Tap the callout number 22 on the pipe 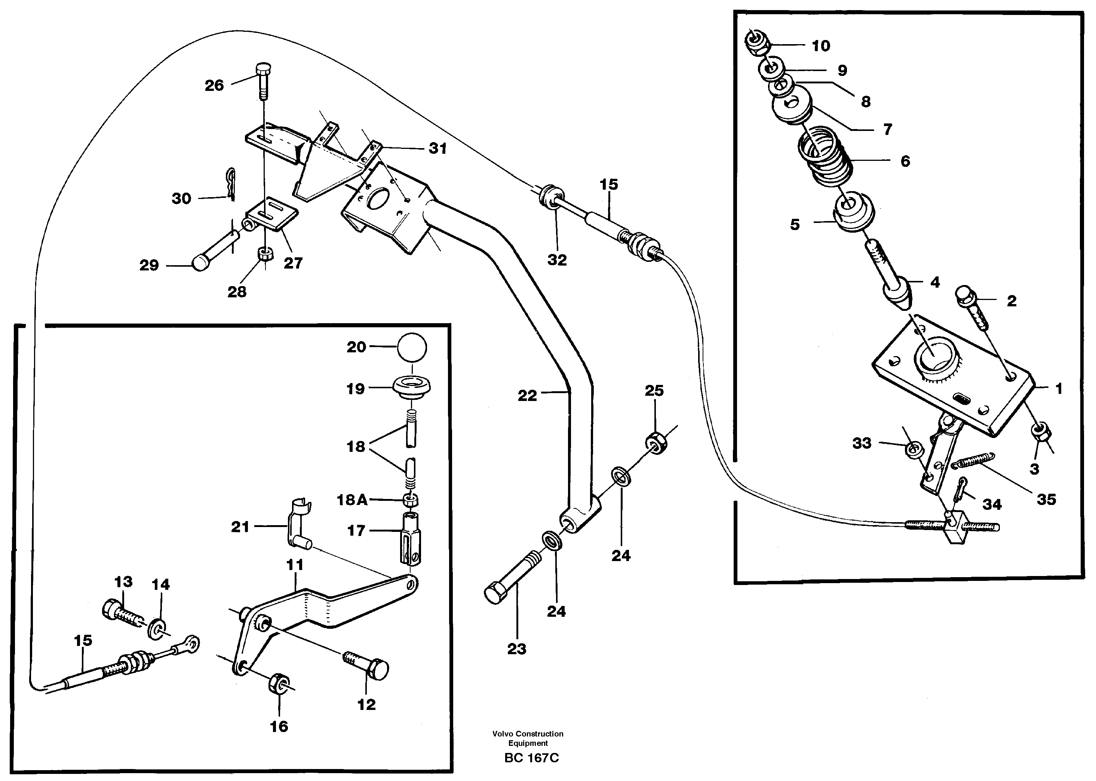click(x=527, y=395)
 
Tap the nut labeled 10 click(x=756, y=41)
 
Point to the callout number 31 click(x=438, y=148)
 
